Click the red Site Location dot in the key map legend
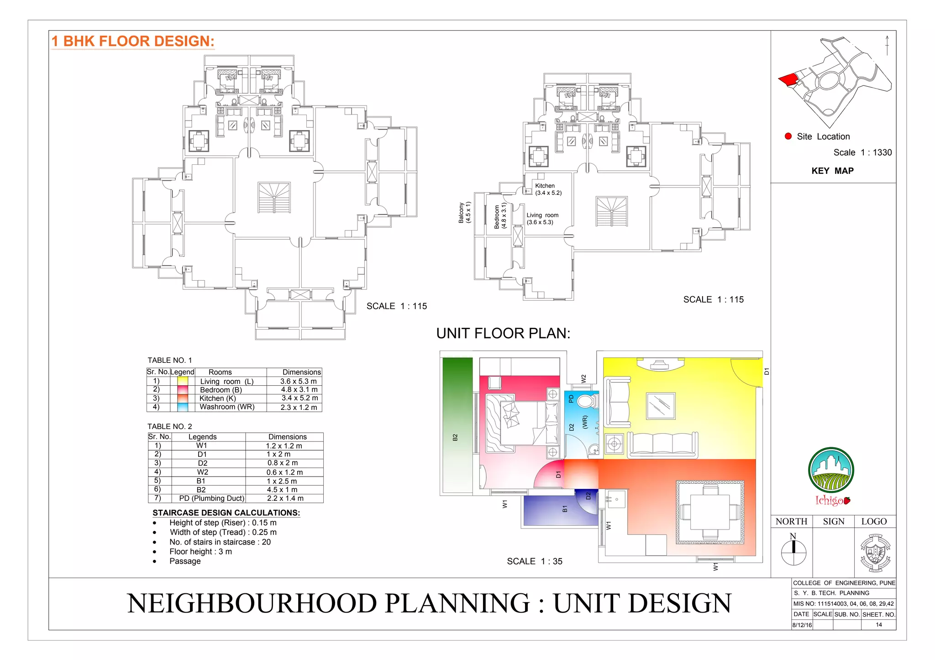coord(788,136)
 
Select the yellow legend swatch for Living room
coord(182,381)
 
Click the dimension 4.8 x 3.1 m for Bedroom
coord(299,390)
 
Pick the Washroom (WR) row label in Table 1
coord(227,407)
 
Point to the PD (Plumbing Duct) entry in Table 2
coord(211,498)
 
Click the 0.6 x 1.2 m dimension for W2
coord(284,472)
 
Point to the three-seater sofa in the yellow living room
coord(662,444)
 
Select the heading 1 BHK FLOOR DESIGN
coord(133,41)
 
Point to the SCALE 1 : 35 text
coord(535,561)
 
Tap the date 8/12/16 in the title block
coord(802,625)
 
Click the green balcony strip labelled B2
coord(457,424)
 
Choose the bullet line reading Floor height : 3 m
coord(200,551)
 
